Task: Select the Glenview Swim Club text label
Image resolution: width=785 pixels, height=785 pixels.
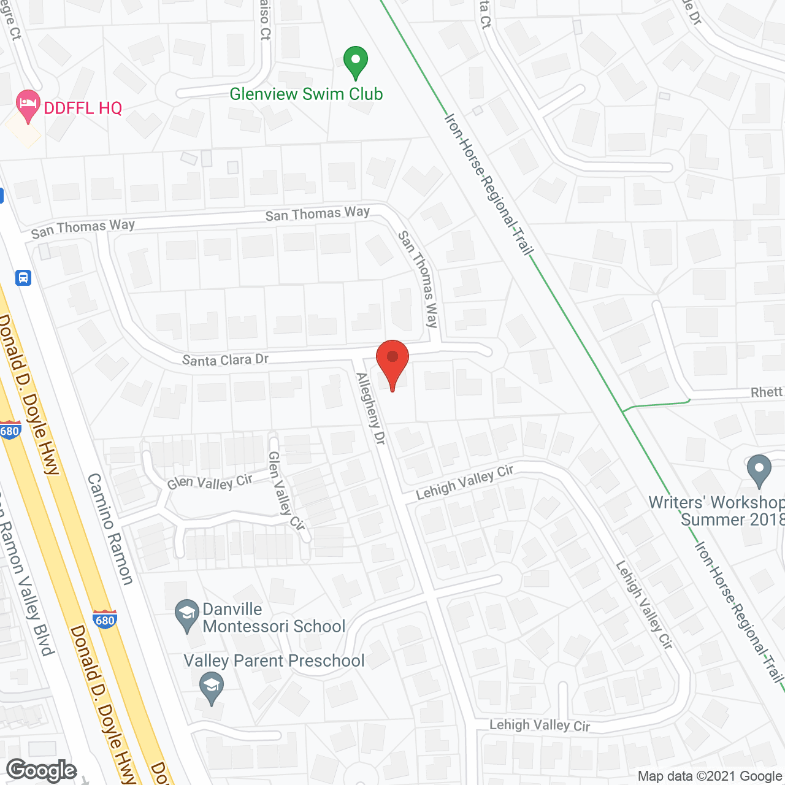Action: (306, 94)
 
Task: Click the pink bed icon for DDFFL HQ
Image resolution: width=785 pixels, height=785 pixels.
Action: (28, 105)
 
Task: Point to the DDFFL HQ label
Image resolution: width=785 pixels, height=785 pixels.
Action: (83, 109)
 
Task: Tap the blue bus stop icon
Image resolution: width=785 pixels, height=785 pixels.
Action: (23, 278)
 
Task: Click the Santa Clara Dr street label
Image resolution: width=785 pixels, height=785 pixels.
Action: (225, 359)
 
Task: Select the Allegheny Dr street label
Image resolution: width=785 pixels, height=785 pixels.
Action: (370, 408)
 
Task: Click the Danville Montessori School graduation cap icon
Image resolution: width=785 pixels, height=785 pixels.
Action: (186, 615)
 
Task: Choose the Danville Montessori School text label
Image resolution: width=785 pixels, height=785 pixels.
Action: (274, 618)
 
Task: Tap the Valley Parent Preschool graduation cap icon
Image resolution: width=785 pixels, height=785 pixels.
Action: (212, 688)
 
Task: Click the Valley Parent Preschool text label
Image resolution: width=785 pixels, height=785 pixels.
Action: (274, 661)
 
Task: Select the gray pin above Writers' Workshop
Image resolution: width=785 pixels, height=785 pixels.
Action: (759, 470)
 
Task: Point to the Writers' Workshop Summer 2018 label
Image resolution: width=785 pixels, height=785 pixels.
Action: (716, 511)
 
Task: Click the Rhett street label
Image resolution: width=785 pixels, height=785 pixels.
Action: (767, 392)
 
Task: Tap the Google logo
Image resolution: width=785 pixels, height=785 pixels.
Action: (42, 770)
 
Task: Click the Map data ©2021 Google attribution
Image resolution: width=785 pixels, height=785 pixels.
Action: (710, 776)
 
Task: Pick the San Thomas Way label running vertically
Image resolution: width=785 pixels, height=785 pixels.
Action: (418, 279)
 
